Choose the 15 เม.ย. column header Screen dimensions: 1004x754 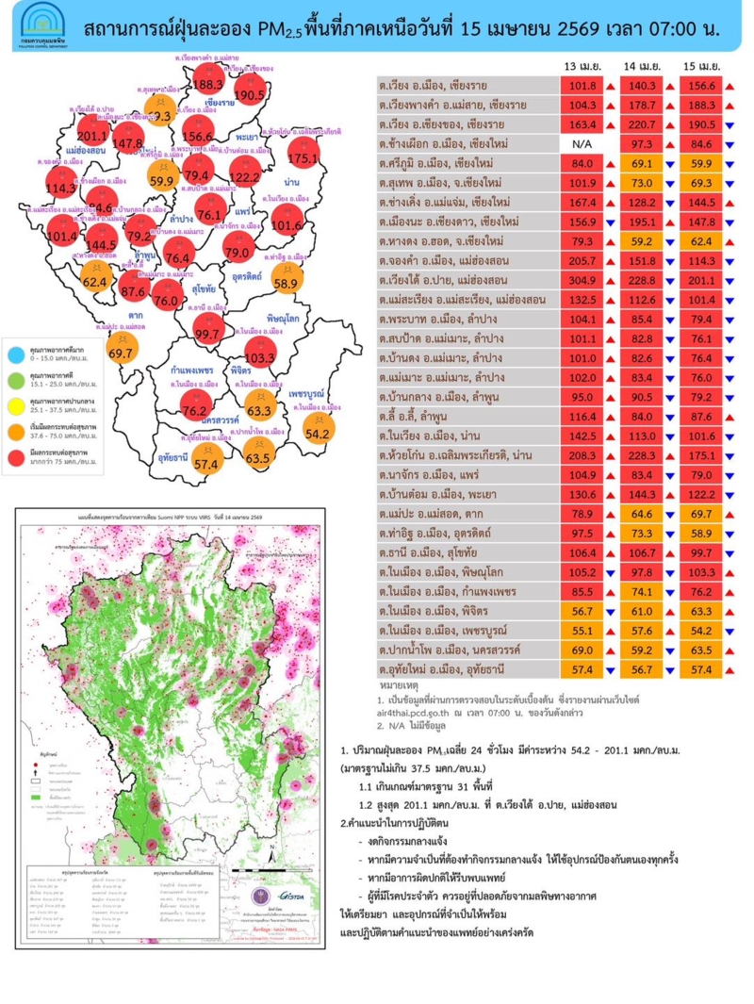[x=703, y=68]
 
